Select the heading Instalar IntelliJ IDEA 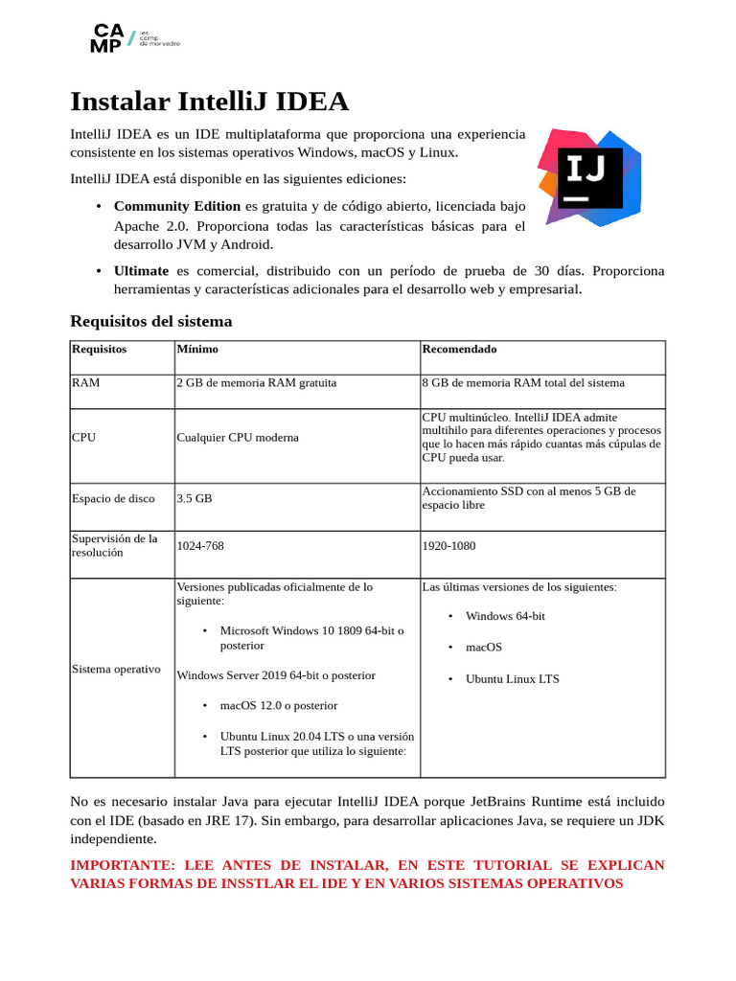coord(210,102)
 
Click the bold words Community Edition coord(177,206)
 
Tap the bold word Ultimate coord(141,271)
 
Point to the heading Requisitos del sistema coord(151,321)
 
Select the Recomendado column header coord(459,350)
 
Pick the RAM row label coord(85,383)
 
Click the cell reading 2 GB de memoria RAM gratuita coord(257,383)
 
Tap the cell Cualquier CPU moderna coord(238,438)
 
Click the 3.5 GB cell coord(195,499)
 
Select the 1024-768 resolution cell coord(200,546)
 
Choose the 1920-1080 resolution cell coord(448,546)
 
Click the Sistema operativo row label coord(116,669)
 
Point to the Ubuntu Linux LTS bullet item coord(512,679)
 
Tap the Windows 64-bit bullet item coord(505,616)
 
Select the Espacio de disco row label coord(113,499)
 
